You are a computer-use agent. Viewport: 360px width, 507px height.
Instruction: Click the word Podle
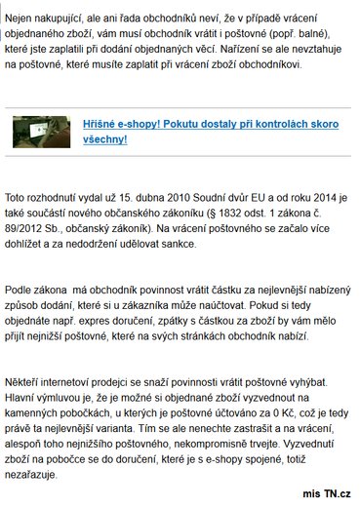(21, 291)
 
